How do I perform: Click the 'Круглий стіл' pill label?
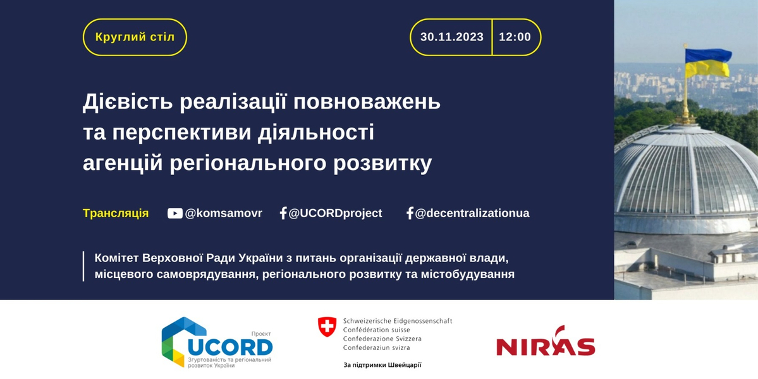(135, 37)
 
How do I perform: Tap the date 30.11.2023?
(451, 37)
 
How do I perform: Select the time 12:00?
(515, 37)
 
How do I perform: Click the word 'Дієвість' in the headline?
(127, 102)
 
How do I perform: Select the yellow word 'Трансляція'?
(116, 214)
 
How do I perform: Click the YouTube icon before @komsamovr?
(175, 213)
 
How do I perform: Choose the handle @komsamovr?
(223, 214)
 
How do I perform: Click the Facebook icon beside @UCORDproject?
(283, 213)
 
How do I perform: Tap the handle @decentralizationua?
(472, 214)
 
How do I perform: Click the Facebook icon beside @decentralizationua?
(410, 213)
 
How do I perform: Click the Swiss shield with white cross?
(327, 327)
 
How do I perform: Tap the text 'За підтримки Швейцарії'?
(382, 365)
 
